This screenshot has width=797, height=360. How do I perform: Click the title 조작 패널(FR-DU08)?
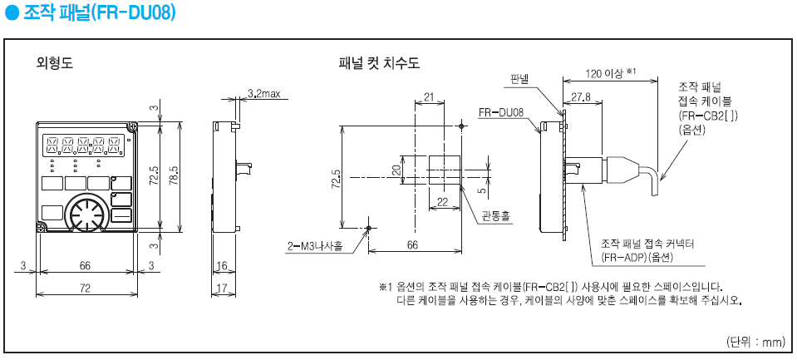point(96,14)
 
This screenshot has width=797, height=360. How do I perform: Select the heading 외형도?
point(56,62)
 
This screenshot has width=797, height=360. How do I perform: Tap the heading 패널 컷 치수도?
point(378,62)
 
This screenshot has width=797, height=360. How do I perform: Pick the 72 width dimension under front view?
point(85,288)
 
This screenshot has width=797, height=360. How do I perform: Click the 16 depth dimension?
point(221,265)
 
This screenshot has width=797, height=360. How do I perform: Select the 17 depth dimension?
point(221,288)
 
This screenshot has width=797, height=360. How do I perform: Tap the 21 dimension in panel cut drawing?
point(429,97)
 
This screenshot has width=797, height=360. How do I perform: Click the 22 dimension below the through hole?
point(443,202)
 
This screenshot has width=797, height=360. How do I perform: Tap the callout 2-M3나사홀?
point(314,245)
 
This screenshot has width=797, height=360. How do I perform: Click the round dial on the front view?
point(86,216)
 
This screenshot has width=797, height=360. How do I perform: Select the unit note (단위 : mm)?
point(755,341)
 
